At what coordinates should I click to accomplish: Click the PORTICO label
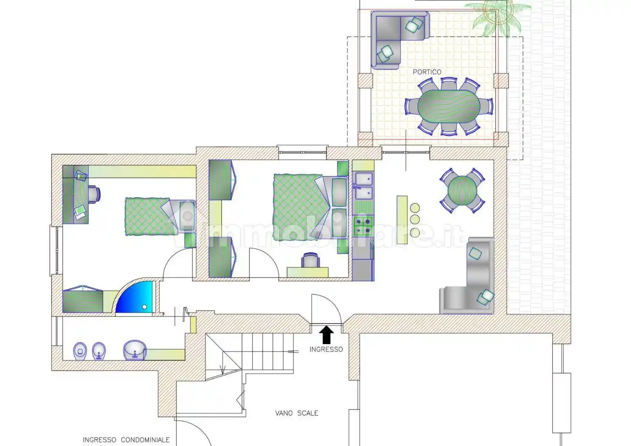427,72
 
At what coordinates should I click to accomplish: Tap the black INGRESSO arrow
326,335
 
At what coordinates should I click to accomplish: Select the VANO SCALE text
297,413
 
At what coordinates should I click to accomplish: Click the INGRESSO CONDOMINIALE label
126,440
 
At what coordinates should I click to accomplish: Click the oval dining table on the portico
449,106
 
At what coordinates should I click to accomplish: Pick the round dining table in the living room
462,191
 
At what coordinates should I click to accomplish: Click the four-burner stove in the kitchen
363,226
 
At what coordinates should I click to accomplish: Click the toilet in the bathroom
80,351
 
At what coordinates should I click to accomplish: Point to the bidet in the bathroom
99,351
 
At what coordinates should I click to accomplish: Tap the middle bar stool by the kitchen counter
415,219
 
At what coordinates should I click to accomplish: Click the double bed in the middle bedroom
311,207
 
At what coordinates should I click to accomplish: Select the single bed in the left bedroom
160,216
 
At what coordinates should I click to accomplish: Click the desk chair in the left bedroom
94,194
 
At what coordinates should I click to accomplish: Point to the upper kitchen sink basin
364,178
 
